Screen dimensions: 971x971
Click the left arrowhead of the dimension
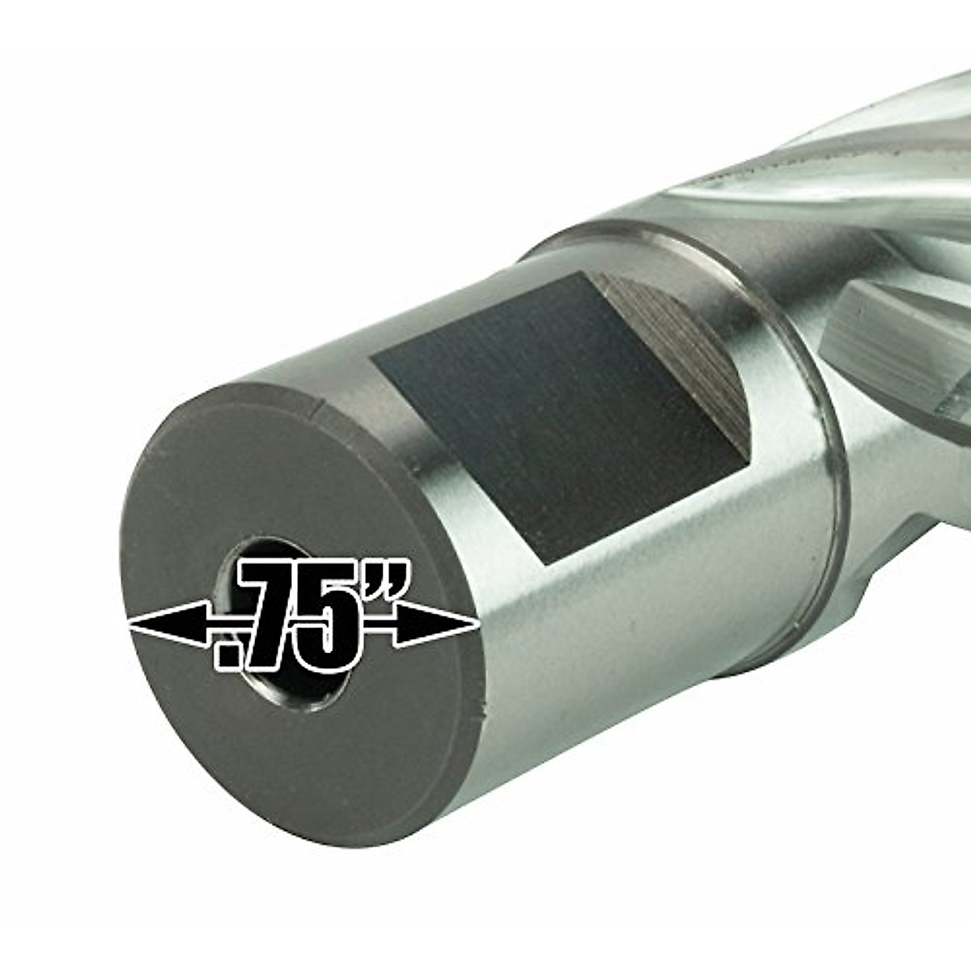169,624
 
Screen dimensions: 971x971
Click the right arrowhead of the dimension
436,624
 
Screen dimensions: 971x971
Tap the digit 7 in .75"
272,615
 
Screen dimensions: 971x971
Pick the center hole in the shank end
282,625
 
